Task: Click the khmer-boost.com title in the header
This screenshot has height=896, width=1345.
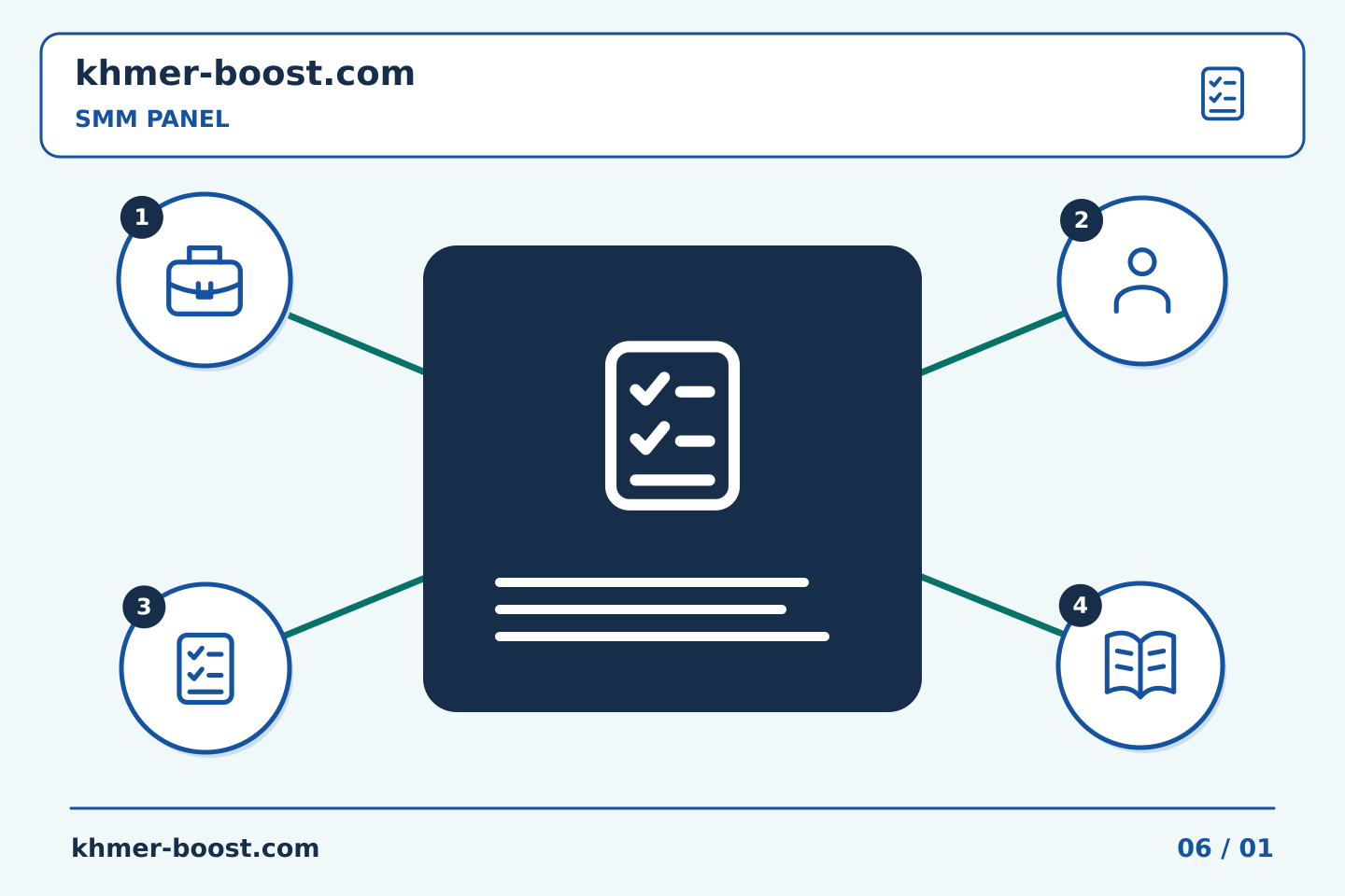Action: coord(245,73)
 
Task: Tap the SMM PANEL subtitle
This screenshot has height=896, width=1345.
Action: coord(152,119)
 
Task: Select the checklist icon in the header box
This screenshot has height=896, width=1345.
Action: coord(1222,93)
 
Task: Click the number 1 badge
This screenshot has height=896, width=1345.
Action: coord(142,217)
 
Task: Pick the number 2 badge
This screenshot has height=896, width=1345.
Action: coord(1082,220)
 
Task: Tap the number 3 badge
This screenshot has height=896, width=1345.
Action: coord(144,607)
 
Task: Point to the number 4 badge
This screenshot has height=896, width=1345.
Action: coord(1080,606)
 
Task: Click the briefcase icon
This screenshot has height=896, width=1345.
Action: coord(205,280)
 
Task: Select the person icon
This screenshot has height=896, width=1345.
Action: coord(1142,280)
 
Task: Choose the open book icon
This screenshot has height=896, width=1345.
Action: coord(1140,665)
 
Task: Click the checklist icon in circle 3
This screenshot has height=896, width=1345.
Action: coord(205,668)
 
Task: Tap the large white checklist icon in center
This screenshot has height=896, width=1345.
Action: coord(672,426)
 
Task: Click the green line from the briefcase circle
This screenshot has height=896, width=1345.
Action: coord(356,343)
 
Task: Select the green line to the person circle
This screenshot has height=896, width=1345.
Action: coord(993,343)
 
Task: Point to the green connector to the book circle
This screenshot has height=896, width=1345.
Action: coord(993,605)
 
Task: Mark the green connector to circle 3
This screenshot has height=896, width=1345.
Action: coord(354,607)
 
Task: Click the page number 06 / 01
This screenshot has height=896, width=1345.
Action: coord(1225,848)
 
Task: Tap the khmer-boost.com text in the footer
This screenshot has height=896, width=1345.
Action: coord(195,848)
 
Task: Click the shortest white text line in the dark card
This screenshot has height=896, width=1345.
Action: coord(641,609)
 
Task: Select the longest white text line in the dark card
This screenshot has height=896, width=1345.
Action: coord(662,637)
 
